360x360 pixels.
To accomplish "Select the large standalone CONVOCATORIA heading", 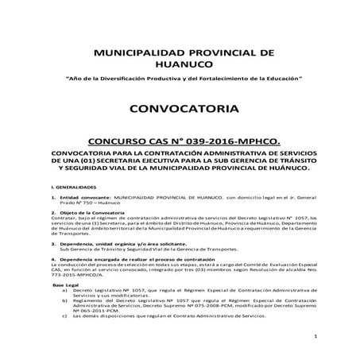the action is (180, 108).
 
